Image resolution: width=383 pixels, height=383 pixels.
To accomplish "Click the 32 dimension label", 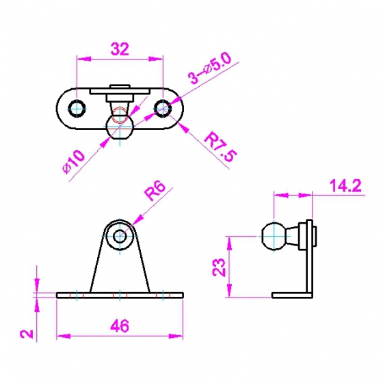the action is (x=120, y=49).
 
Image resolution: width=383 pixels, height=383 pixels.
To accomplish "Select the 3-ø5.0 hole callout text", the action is (x=209, y=68).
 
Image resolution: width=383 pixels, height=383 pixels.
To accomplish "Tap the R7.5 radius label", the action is (x=220, y=146).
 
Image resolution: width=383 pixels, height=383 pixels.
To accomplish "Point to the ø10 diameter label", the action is (x=74, y=161).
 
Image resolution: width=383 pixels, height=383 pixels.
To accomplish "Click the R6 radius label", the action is (x=155, y=191).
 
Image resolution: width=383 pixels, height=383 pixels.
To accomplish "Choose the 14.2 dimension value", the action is (x=345, y=185).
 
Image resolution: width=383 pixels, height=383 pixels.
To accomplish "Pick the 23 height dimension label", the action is (x=219, y=267).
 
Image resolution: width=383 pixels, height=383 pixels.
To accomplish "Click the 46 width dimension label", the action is (x=120, y=326).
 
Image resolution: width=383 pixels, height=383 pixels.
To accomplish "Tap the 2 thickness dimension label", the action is (x=27, y=334).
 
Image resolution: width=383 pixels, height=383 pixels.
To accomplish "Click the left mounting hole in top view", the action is (x=77, y=109).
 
